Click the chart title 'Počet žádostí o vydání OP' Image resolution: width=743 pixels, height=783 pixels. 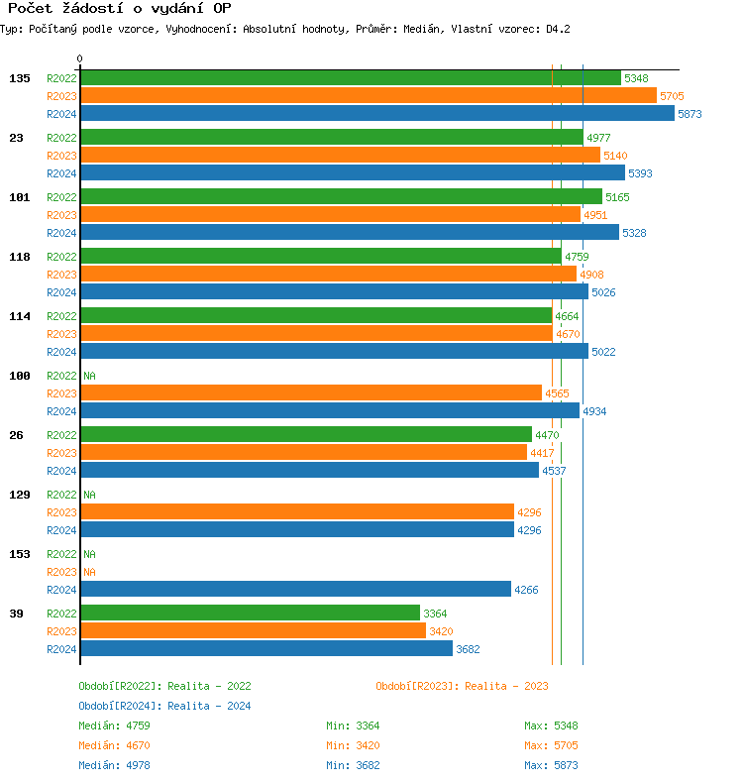point(119,9)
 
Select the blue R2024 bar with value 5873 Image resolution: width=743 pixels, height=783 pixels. point(376,114)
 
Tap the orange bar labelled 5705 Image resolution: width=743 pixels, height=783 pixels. point(368,96)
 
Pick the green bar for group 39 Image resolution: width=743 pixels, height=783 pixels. point(250,614)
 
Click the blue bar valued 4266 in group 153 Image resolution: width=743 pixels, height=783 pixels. point(295,590)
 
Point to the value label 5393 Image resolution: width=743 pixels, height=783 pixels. point(640,173)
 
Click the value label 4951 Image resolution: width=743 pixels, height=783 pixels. point(595,215)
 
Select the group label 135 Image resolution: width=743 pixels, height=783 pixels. point(20,78)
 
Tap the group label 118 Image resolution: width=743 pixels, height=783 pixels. point(20,257)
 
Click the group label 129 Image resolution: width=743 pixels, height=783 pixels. point(20,495)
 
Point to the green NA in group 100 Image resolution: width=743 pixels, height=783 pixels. point(89,376)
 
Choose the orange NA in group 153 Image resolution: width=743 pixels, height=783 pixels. point(89,572)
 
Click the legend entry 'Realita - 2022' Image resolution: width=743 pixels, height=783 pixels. point(164,686)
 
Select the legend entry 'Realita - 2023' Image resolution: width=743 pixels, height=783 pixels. point(462,686)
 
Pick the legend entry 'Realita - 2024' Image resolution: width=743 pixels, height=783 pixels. point(164,706)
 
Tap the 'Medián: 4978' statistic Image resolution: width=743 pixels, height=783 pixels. point(115,765)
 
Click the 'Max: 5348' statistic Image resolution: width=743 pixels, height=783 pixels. point(551,726)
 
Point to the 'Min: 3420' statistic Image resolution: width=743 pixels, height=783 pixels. point(353,745)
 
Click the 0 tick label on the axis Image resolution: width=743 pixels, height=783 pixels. point(79,59)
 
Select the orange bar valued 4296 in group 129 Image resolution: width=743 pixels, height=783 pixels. point(297,512)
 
